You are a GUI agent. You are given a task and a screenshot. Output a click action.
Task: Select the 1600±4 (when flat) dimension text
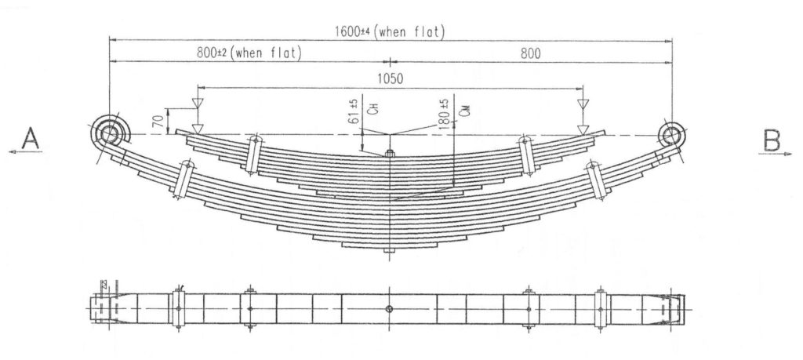click(390, 31)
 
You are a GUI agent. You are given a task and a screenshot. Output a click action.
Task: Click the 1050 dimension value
click(390, 78)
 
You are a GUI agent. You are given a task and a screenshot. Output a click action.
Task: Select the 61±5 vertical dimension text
click(354, 112)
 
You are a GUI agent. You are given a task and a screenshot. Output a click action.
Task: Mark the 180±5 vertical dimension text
click(445, 112)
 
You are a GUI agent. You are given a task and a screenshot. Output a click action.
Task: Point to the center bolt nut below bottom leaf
click(390, 252)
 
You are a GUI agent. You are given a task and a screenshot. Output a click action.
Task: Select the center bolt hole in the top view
click(390, 309)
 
